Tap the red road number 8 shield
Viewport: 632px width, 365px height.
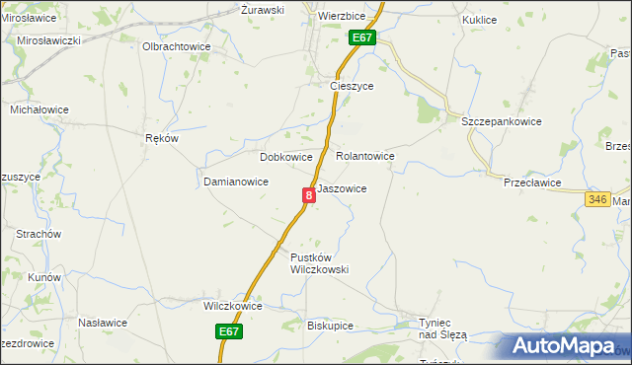coord(309,195)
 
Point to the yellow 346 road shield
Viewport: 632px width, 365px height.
coord(596,199)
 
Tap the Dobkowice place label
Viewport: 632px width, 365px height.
coord(285,157)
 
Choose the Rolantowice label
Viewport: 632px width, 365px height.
coord(365,156)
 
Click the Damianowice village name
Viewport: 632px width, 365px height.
coord(236,182)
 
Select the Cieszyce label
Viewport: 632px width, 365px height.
coord(351,86)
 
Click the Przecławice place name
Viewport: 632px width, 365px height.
coord(532,182)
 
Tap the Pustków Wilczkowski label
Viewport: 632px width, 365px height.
coord(320,263)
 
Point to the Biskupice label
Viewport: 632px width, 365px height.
coord(330,325)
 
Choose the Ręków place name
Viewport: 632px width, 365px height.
coord(161,138)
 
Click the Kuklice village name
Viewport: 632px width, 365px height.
coord(479,19)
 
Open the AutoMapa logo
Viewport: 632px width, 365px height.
coord(564,346)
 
